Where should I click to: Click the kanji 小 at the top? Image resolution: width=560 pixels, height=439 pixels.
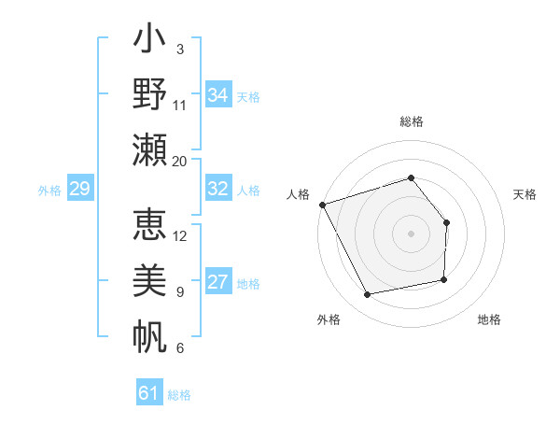click(150, 43)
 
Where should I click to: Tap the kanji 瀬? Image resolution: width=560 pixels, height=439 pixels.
click(150, 149)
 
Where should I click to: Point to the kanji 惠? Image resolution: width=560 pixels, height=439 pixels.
click(150, 225)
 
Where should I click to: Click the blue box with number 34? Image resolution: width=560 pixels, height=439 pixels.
click(217, 94)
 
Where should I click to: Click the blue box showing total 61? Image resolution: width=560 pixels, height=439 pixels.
click(149, 393)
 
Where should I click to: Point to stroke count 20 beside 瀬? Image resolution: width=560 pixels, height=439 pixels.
click(180, 161)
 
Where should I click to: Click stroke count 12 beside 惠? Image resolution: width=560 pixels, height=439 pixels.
click(180, 235)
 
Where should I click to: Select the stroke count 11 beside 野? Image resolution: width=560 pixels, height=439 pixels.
click(180, 105)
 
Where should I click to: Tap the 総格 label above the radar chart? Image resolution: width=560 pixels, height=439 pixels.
click(412, 121)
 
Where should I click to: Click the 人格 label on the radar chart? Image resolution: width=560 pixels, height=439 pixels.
click(299, 194)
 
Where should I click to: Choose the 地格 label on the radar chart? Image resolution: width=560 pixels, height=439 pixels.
click(489, 319)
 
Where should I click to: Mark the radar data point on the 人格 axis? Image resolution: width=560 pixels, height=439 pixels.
click(323, 204)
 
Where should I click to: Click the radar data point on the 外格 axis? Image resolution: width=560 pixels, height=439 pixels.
click(368, 294)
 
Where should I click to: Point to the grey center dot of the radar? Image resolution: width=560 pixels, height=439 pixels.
click(412, 234)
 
